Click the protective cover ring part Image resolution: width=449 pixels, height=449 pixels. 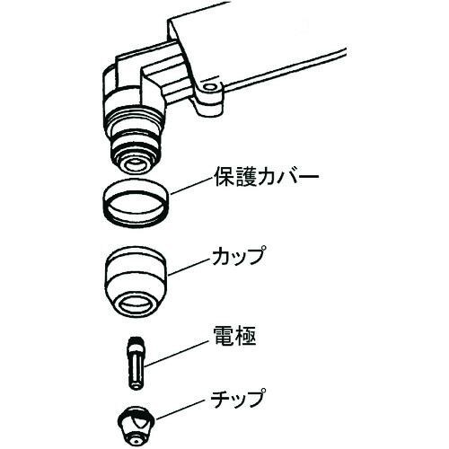(x=135, y=204)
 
